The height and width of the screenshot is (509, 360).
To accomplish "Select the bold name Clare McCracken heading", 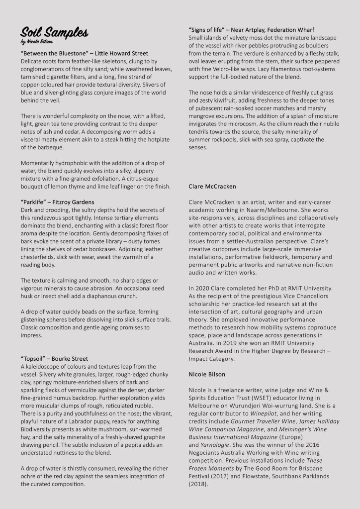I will pyautogui.click(x=212, y=187).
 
